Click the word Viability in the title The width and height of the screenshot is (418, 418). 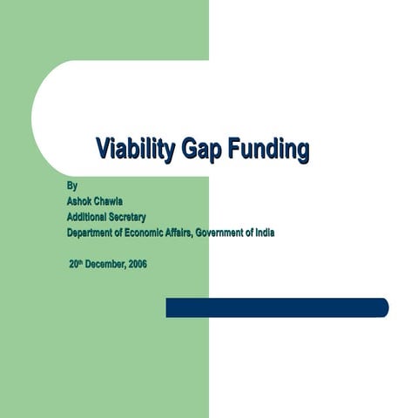[x=136, y=148]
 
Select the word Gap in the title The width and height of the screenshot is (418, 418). [x=202, y=149]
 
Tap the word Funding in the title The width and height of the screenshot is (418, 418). [x=269, y=149]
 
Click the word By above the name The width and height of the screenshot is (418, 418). [x=72, y=185]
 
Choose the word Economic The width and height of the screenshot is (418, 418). [x=144, y=233]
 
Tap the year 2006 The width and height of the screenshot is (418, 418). [x=138, y=264]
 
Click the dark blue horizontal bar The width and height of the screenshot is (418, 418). [x=277, y=307]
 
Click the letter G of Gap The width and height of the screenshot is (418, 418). [x=190, y=148]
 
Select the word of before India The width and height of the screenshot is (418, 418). [x=250, y=233]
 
